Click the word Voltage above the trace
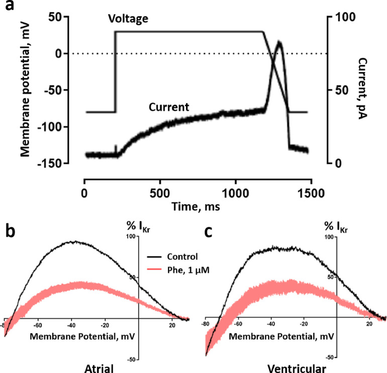128,19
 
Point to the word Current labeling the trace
168,107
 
